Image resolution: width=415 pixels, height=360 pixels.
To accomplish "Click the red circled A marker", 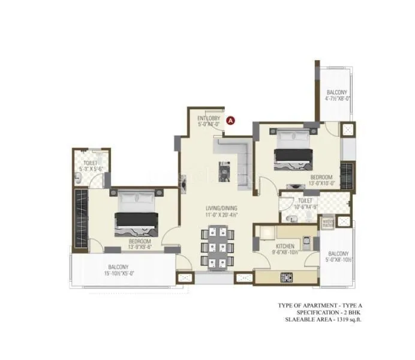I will (230, 119).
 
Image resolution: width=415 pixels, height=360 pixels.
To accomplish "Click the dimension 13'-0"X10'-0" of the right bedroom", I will (321, 184).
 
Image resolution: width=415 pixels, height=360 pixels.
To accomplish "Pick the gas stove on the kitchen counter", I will (287, 277).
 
